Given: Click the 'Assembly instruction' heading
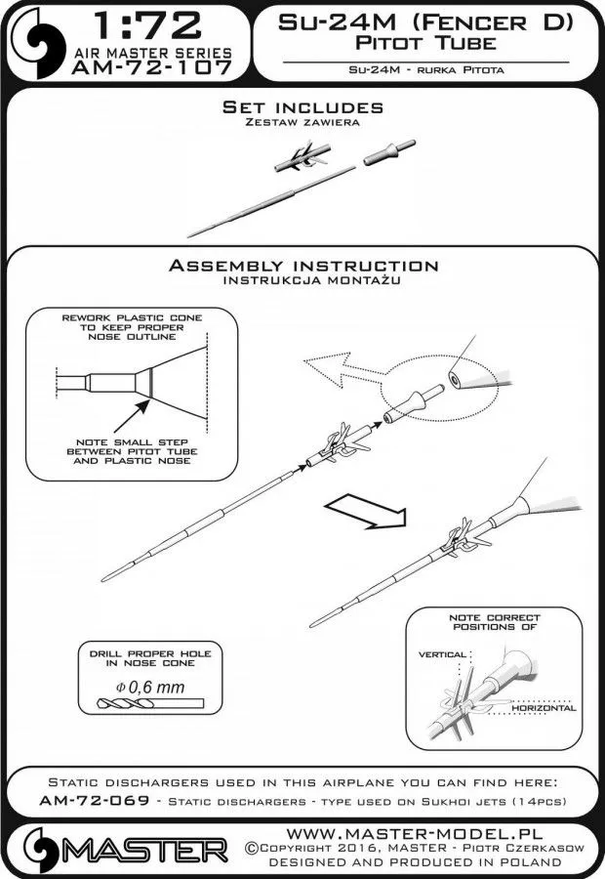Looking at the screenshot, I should click(x=302, y=266).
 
